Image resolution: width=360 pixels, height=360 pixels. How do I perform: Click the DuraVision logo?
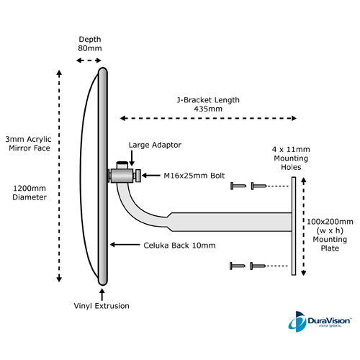(320, 322)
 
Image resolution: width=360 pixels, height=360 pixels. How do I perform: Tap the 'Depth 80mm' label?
(90, 44)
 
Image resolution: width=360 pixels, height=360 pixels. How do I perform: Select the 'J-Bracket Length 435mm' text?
(208, 104)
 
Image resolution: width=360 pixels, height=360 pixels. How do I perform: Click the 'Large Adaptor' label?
(155, 145)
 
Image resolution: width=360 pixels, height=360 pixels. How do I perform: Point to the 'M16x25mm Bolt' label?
(194, 176)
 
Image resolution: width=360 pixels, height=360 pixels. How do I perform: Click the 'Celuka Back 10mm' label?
(179, 246)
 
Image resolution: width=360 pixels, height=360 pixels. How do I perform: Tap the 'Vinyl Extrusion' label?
(102, 306)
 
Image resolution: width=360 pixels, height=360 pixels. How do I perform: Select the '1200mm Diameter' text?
(30, 193)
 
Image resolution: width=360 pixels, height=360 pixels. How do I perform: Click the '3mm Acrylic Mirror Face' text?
(29, 144)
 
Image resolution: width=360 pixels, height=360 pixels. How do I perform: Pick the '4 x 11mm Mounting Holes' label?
(291, 158)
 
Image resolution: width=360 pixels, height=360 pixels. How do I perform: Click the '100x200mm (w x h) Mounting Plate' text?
(330, 235)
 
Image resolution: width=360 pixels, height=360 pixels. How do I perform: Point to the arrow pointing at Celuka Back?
(125, 245)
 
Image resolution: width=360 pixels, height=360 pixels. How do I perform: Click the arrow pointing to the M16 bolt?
(151, 176)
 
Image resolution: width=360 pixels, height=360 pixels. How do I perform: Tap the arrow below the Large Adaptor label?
(132, 158)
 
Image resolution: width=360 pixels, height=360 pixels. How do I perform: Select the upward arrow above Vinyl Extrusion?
(102, 294)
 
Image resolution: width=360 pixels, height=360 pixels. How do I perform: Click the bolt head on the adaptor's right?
(138, 176)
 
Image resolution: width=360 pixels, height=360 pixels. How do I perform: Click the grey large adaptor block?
(122, 176)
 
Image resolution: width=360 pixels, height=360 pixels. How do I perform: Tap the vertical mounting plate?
(294, 226)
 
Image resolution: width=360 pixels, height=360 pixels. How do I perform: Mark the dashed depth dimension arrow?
(89, 60)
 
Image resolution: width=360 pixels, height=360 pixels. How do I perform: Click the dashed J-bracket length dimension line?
(208, 118)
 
